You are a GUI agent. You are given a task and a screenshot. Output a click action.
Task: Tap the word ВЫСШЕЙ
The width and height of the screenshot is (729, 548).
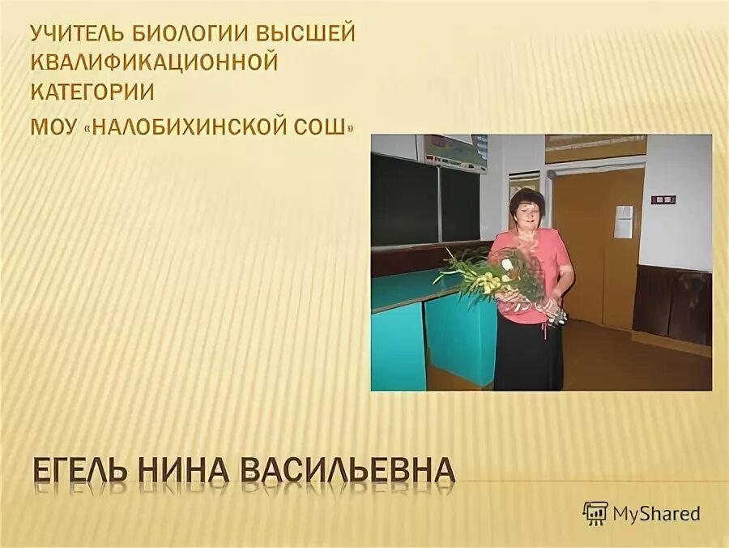pos(307,36)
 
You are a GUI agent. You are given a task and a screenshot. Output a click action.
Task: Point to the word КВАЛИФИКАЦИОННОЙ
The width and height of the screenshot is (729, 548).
pos(154,63)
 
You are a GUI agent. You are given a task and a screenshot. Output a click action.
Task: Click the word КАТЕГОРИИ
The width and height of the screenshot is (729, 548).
pos(92,91)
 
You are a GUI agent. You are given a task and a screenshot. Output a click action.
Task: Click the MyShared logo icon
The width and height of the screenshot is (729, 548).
pos(595,512)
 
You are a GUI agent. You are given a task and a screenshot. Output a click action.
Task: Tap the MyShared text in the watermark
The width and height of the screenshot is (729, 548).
pos(656,513)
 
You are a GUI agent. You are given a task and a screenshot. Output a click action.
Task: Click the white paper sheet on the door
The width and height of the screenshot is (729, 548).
pos(623,222)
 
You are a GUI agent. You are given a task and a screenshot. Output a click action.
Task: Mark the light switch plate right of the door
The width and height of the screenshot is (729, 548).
pos(664,199)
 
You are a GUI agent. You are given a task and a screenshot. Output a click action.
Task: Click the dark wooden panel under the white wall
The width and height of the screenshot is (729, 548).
pos(671,304)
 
